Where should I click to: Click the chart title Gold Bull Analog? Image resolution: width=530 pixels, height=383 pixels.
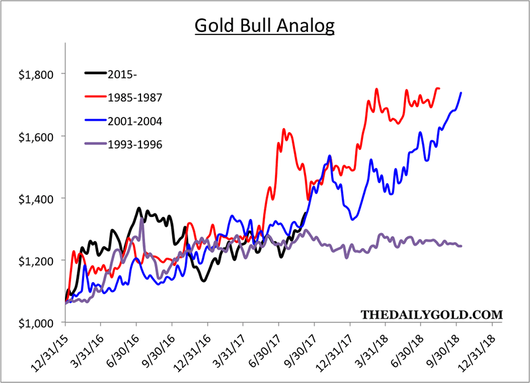pyautogui.click(x=265, y=27)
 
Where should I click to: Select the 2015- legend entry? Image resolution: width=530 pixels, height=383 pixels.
pyautogui.click(x=132, y=73)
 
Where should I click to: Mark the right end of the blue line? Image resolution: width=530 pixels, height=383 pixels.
pyautogui.click(x=461, y=93)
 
